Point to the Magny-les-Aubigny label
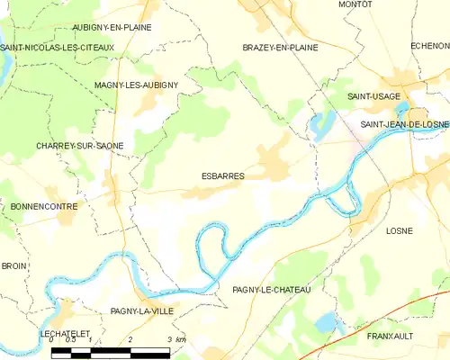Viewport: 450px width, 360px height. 136,85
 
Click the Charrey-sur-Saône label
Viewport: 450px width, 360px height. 80,145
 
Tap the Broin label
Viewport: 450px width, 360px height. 13,266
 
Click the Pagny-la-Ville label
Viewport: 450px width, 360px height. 141,310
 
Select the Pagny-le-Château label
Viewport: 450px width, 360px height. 271,289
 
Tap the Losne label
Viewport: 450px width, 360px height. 399,230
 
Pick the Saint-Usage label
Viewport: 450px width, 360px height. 374,94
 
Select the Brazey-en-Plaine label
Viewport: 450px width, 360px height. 280,47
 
